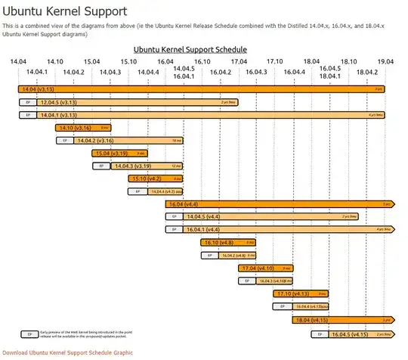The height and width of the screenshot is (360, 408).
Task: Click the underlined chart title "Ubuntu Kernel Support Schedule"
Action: coord(190,49)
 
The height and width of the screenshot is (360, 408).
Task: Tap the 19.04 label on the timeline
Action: coord(385,61)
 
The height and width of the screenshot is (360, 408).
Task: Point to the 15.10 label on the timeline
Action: coord(128,61)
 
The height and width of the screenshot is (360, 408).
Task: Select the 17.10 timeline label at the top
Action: coord(275,61)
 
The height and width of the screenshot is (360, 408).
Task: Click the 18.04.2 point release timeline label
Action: coord(367,72)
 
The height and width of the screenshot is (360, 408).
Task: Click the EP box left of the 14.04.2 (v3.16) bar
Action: coord(65,141)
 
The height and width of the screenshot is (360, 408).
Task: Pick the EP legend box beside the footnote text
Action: coord(30,334)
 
